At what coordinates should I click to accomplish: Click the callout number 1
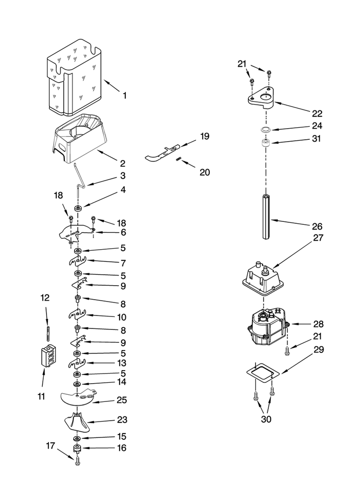pos(124,96)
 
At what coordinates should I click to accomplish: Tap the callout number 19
pos(204,136)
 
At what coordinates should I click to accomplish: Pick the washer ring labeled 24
pos(265,130)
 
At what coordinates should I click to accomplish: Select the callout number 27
pos(318,238)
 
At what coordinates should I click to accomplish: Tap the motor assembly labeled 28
pos(268,327)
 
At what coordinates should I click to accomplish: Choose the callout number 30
pos(266,419)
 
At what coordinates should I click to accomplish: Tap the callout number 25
pos(122,400)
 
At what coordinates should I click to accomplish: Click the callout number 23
pos(122,420)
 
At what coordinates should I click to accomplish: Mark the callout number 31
pos(316,138)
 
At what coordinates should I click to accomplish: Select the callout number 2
pos(123,164)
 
